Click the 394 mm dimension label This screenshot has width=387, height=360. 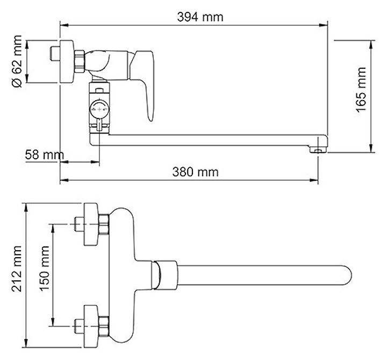pyautogui.click(x=200, y=17)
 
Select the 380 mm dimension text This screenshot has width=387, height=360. pyautogui.click(x=196, y=172)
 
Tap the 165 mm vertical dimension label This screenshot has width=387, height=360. pyautogui.click(x=361, y=89)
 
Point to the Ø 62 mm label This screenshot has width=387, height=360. pyautogui.click(x=17, y=61)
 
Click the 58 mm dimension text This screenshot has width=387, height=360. pyautogui.click(x=45, y=155)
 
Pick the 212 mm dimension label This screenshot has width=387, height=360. pyautogui.click(x=17, y=269)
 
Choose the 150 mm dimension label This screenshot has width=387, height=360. pyautogui.click(x=45, y=269)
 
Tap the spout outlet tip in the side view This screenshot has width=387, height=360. pyautogui.click(x=318, y=150)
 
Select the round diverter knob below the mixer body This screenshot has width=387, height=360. pyautogui.click(x=99, y=109)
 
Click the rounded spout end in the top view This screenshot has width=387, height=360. pyautogui.click(x=346, y=276)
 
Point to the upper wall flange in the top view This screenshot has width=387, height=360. pyautogui.click(x=91, y=224)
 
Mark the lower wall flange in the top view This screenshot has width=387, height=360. pyautogui.click(x=91, y=326)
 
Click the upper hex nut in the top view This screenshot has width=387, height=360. pyautogui.click(x=104, y=224)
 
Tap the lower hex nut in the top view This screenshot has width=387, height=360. pyautogui.click(x=104, y=326)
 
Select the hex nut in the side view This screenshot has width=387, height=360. pyautogui.click(x=80, y=61)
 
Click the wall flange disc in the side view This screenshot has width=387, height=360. pyautogui.click(x=67, y=61)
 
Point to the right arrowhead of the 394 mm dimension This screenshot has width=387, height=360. pyautogui.click(x=324, y=25)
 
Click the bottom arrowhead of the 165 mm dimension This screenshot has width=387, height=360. pyautogui.click(x=371, y=148)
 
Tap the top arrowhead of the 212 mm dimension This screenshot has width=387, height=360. pyautogui.click(x=26, y=208)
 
